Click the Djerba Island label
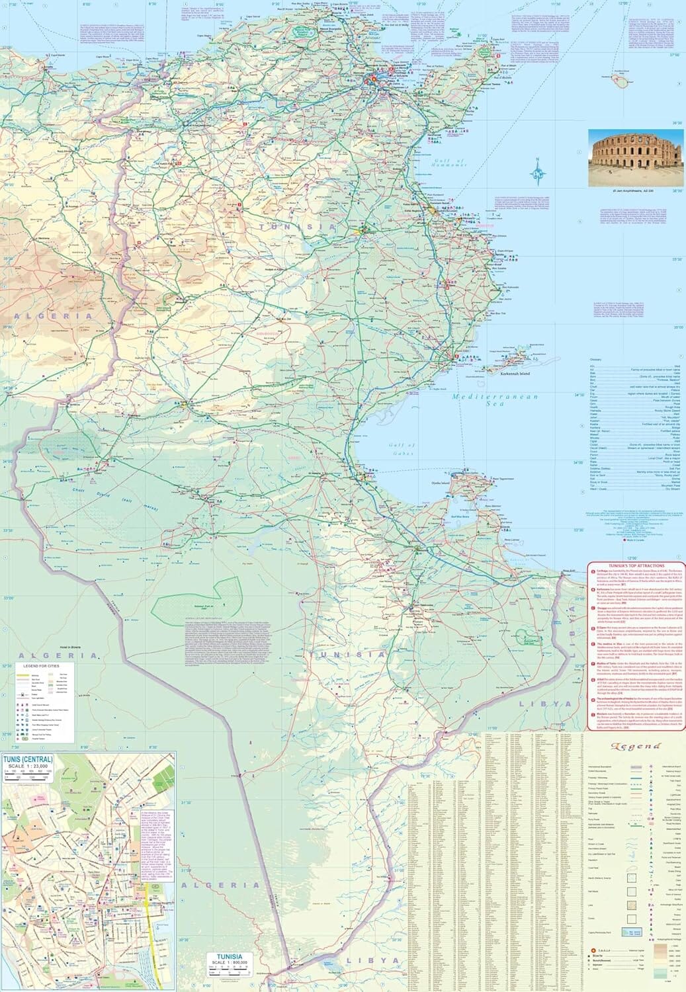pyautogui.click(x=440, y=483)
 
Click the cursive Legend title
pyautogui.click(x=636, y=746)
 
